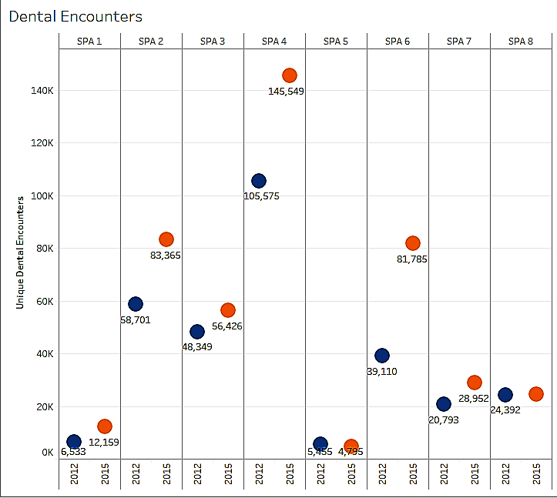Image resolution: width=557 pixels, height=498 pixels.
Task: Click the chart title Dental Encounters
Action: click(x=75, y=16)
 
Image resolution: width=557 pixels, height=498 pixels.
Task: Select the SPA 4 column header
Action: click(x=274, y=42)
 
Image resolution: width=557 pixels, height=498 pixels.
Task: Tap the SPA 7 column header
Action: click(x=459, y=42)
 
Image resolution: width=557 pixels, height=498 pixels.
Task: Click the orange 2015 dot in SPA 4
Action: click(x=290, y=75)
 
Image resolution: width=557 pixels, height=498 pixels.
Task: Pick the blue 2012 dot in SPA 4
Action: click(x=259, y=181)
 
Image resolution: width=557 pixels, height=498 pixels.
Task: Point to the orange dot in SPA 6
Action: click(x=413, y=243)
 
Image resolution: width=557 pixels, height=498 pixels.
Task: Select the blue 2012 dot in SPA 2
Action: click(x=136, y=304)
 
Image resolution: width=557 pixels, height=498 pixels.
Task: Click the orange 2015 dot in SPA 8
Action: click(x=536, y=394)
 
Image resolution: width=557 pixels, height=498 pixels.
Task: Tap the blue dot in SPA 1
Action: click(x=74, y=442)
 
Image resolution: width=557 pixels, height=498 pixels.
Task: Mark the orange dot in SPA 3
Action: click(x=228, y=310)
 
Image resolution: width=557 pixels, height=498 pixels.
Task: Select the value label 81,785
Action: click(x=412, y=259)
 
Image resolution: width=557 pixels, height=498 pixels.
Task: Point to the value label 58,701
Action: click(x=136, y=320)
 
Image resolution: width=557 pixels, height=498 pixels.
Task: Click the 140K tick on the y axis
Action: click(x=42, y=91)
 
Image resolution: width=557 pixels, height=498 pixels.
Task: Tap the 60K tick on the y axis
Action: click(x=43, y=302)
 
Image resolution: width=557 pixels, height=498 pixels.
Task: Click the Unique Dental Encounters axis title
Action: click(x=21, y=252)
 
